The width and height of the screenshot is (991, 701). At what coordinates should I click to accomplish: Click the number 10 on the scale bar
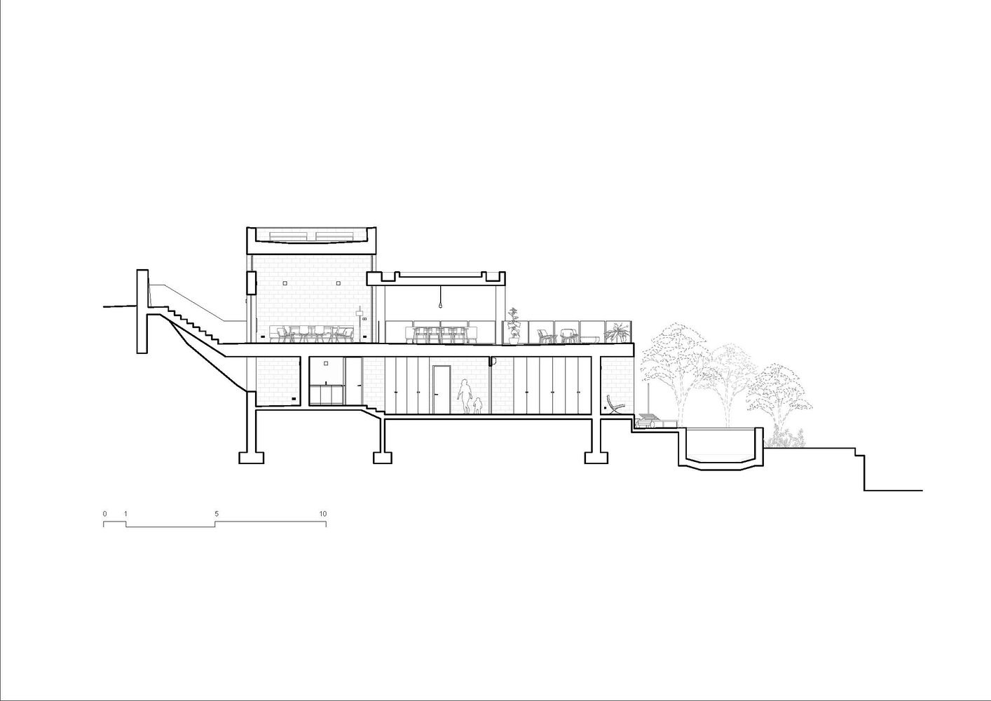(323, 514)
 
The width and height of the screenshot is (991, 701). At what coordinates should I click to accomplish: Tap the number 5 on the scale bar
(217, 514)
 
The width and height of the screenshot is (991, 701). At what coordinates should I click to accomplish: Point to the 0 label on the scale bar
(105, 514)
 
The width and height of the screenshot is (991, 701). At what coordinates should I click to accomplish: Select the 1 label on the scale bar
(125, 514)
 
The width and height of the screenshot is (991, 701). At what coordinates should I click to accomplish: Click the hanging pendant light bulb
(440, 306)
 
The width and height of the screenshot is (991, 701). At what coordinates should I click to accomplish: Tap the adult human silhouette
(464, 395)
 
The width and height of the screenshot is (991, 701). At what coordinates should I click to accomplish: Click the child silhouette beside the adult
(477, 405)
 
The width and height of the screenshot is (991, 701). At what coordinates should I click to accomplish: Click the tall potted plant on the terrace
(514, 326)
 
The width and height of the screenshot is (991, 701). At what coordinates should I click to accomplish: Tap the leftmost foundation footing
(252, 457)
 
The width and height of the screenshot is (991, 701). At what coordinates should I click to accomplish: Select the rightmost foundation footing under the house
(596, 457)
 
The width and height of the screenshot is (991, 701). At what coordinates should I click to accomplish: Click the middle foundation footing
(382, 457)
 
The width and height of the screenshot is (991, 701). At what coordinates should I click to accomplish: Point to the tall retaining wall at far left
(142, 311)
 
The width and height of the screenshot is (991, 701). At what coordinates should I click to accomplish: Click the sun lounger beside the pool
(656, 421)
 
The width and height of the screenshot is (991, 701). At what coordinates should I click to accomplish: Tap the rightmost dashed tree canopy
(779, 395)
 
